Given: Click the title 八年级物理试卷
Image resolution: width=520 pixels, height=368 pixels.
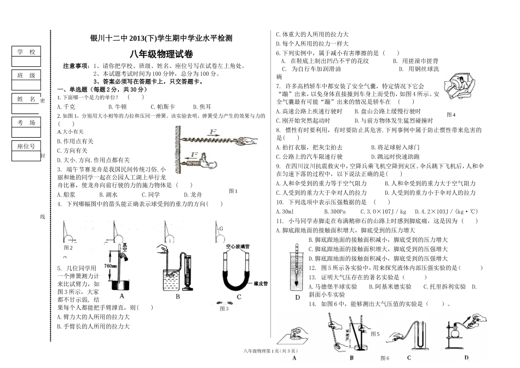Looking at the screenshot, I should (x=161, y=54).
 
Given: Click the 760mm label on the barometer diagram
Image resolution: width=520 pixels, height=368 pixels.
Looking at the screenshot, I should (x=109, y=265).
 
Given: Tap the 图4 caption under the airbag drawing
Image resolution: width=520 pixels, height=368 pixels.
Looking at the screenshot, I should (x=450, y=115).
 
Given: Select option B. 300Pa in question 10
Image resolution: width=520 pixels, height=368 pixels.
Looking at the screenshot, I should (x=334, y=211).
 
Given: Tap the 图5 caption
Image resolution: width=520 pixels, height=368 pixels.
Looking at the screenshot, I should (x=375, y=333).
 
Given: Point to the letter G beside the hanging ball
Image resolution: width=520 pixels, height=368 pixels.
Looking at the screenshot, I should (x=221, y=228).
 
